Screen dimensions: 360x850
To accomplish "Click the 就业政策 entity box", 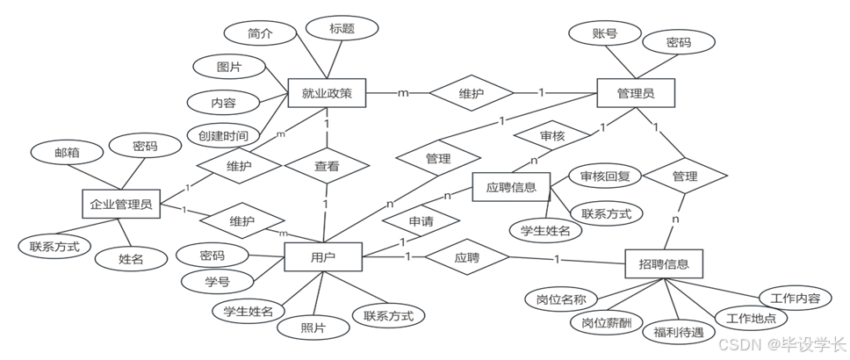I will click(x=326, y=93).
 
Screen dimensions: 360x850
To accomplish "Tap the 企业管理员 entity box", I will click(x=121, y=205).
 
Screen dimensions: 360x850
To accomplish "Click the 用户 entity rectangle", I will click(x=323, y=258).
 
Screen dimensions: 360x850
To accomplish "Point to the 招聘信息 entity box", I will click(x=665, y=263).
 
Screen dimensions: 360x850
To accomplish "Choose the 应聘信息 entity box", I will click(x=511, y=187).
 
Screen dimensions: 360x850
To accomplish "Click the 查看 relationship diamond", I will click(x=327, y=164).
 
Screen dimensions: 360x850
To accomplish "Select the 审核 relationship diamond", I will click(x=551, y=137).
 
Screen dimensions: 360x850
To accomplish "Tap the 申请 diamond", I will click(x=421, y=221).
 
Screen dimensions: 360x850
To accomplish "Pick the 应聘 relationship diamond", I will click(x=466, y=259).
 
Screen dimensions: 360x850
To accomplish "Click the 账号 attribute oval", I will click(x=604, y=34).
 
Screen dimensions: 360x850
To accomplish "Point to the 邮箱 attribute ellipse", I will click(x=67, y=153).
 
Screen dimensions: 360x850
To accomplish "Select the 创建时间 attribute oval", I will click(x=223, y=136).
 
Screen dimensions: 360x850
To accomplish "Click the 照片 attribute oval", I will click(x=313, y=328).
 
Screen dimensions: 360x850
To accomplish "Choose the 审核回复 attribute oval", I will click(x=606, y=176).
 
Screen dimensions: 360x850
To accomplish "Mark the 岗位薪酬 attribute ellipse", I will click(x=606, y=322).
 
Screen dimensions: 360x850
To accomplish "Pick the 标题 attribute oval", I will click(x=342, y=28).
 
